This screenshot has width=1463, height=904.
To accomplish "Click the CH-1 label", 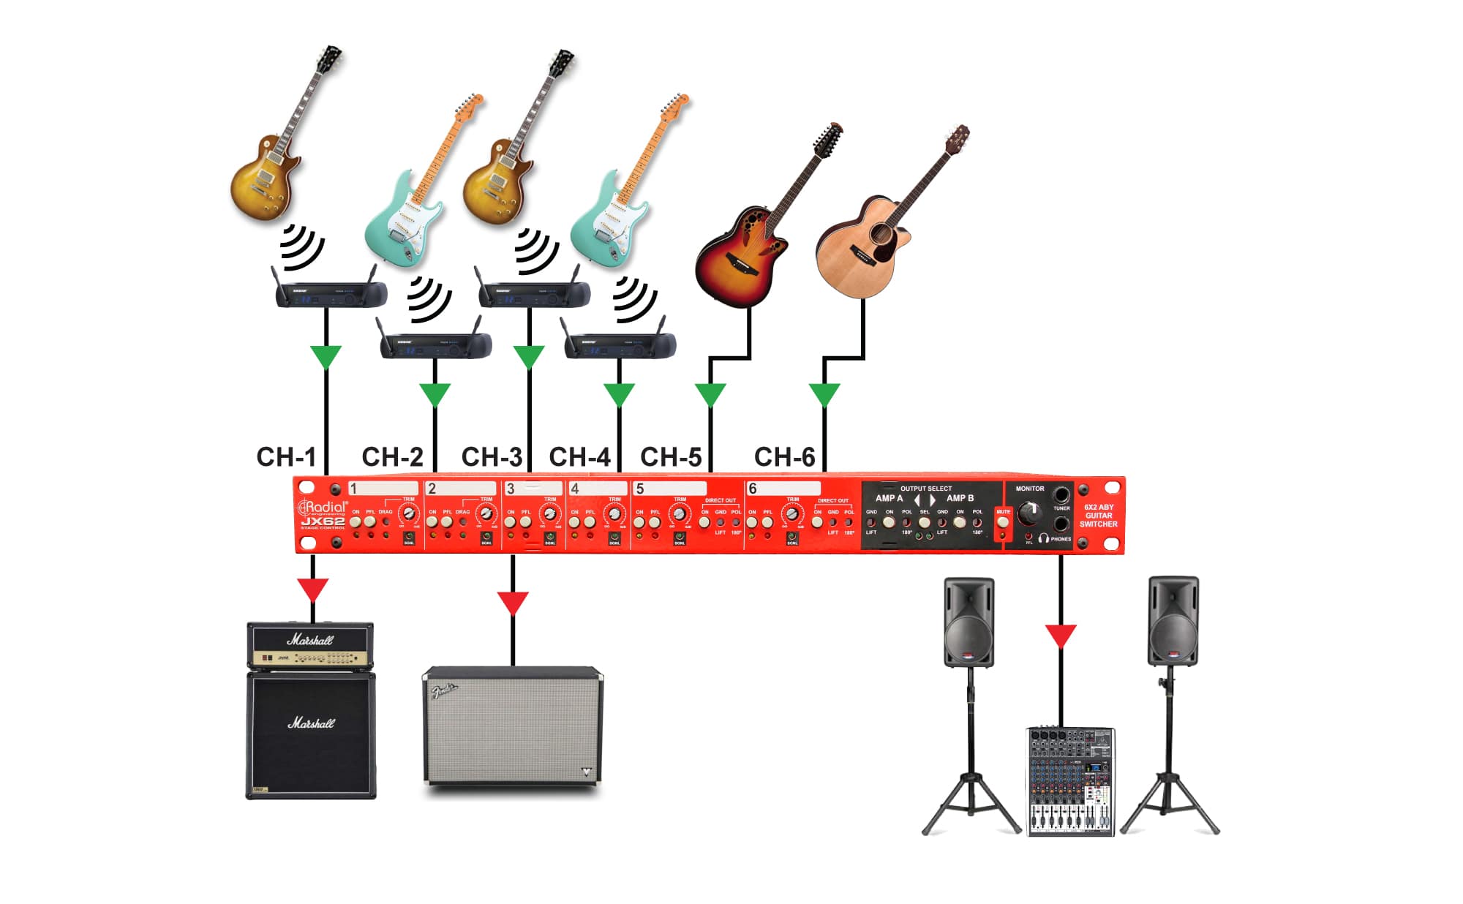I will (x=286, y=457).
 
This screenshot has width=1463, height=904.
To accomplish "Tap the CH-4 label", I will (x=579, y=457).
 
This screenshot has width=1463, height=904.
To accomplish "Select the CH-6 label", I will (x=784, y=457).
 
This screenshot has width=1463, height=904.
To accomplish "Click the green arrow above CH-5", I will (x=710, y=394).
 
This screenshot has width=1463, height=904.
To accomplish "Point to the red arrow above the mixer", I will (x=1061, y=635).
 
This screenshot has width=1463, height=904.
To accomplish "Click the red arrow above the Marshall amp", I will (x=313, y=590).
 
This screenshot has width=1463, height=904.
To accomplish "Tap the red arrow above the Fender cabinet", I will (x=513, y=603).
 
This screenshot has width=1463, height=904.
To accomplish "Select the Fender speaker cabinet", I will (x=513, y=726).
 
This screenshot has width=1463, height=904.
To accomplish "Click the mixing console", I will (x=1070, y=781).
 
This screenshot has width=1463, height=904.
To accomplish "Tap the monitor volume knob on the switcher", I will (x=1030, y=511).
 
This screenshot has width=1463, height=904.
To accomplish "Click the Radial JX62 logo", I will (x=323, y=513).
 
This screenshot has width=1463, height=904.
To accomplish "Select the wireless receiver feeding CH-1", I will (x=329, y=294).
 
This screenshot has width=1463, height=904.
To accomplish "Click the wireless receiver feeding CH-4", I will (x=620, y=344).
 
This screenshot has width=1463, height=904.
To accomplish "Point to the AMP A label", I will (x=889, y=498).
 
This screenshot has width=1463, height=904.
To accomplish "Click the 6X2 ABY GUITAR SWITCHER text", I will (x=1098, y=516).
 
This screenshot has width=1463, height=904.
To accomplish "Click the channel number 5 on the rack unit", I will (x=640, y=489).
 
